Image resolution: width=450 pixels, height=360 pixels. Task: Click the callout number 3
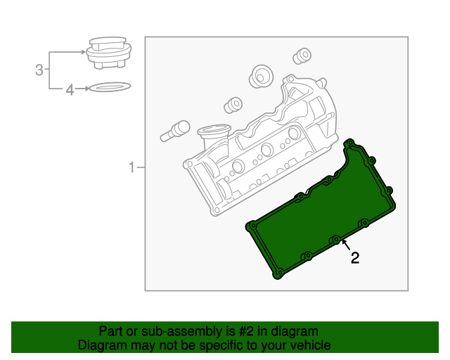(39, 70)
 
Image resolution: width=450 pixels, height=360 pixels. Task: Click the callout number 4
(70, 90)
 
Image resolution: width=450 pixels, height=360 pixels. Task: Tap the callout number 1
(131, 167)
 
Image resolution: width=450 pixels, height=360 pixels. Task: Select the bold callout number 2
(355, 258)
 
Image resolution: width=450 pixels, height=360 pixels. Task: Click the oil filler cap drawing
(109, 53)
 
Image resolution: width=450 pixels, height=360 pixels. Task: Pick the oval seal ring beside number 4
(110, 86)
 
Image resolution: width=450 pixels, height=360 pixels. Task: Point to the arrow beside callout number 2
(346, 245)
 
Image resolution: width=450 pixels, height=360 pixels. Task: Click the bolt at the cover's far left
(175, 131)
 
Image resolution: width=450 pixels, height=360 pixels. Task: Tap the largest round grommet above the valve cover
(261, 76)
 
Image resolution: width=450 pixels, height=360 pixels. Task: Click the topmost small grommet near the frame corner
(302, 56)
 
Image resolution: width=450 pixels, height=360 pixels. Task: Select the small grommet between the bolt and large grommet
(233, 105)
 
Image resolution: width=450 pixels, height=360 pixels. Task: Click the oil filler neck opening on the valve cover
(214, 130)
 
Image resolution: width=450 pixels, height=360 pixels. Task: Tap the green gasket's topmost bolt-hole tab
(350, 143)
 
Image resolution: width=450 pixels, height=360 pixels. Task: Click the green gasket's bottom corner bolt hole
(279, 272)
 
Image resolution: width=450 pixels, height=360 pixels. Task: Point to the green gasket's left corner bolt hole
(253, 226)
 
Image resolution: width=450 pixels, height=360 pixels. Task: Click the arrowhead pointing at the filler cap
(84, 52)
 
